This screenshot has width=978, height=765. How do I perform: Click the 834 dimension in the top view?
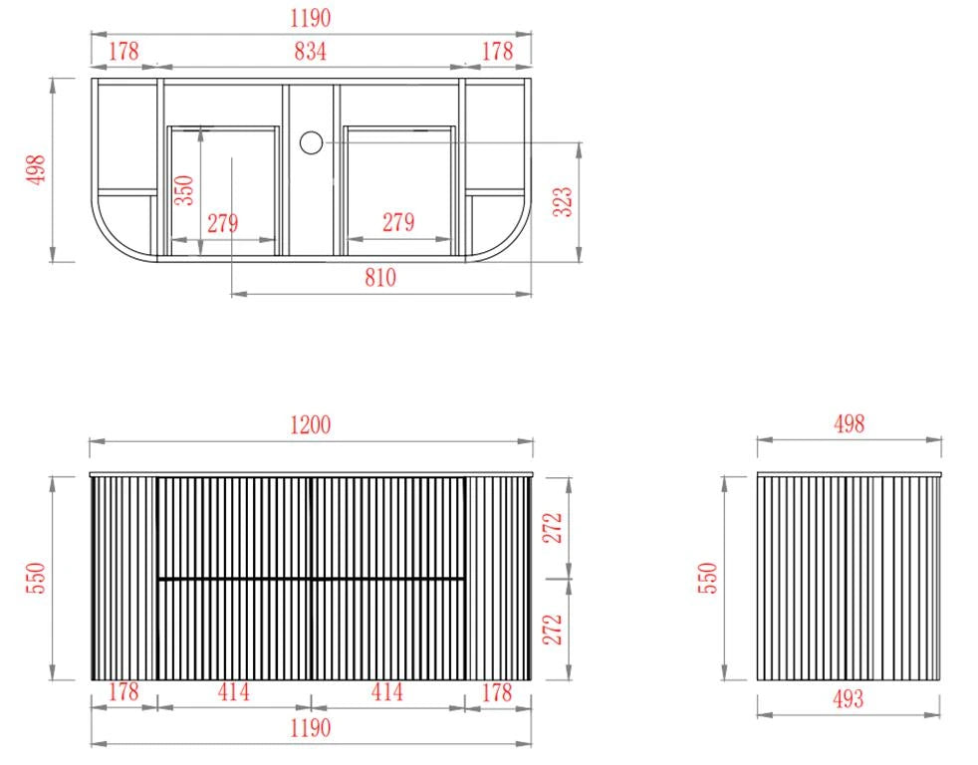click(310, 51)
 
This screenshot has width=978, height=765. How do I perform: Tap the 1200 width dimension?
click(310, 425)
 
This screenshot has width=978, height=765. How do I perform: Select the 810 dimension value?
click(379, 278)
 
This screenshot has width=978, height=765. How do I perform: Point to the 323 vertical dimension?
click(563, 201)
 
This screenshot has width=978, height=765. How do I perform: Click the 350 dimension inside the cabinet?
click(184, 190)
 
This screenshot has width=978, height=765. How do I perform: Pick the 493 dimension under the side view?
click(849, 699)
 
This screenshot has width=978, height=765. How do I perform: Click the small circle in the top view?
click(311, 142)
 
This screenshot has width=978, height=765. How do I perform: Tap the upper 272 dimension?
click(553, 528)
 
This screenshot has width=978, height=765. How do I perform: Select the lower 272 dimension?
click(553, 630)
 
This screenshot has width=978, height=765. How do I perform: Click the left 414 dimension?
click(233, 692)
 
